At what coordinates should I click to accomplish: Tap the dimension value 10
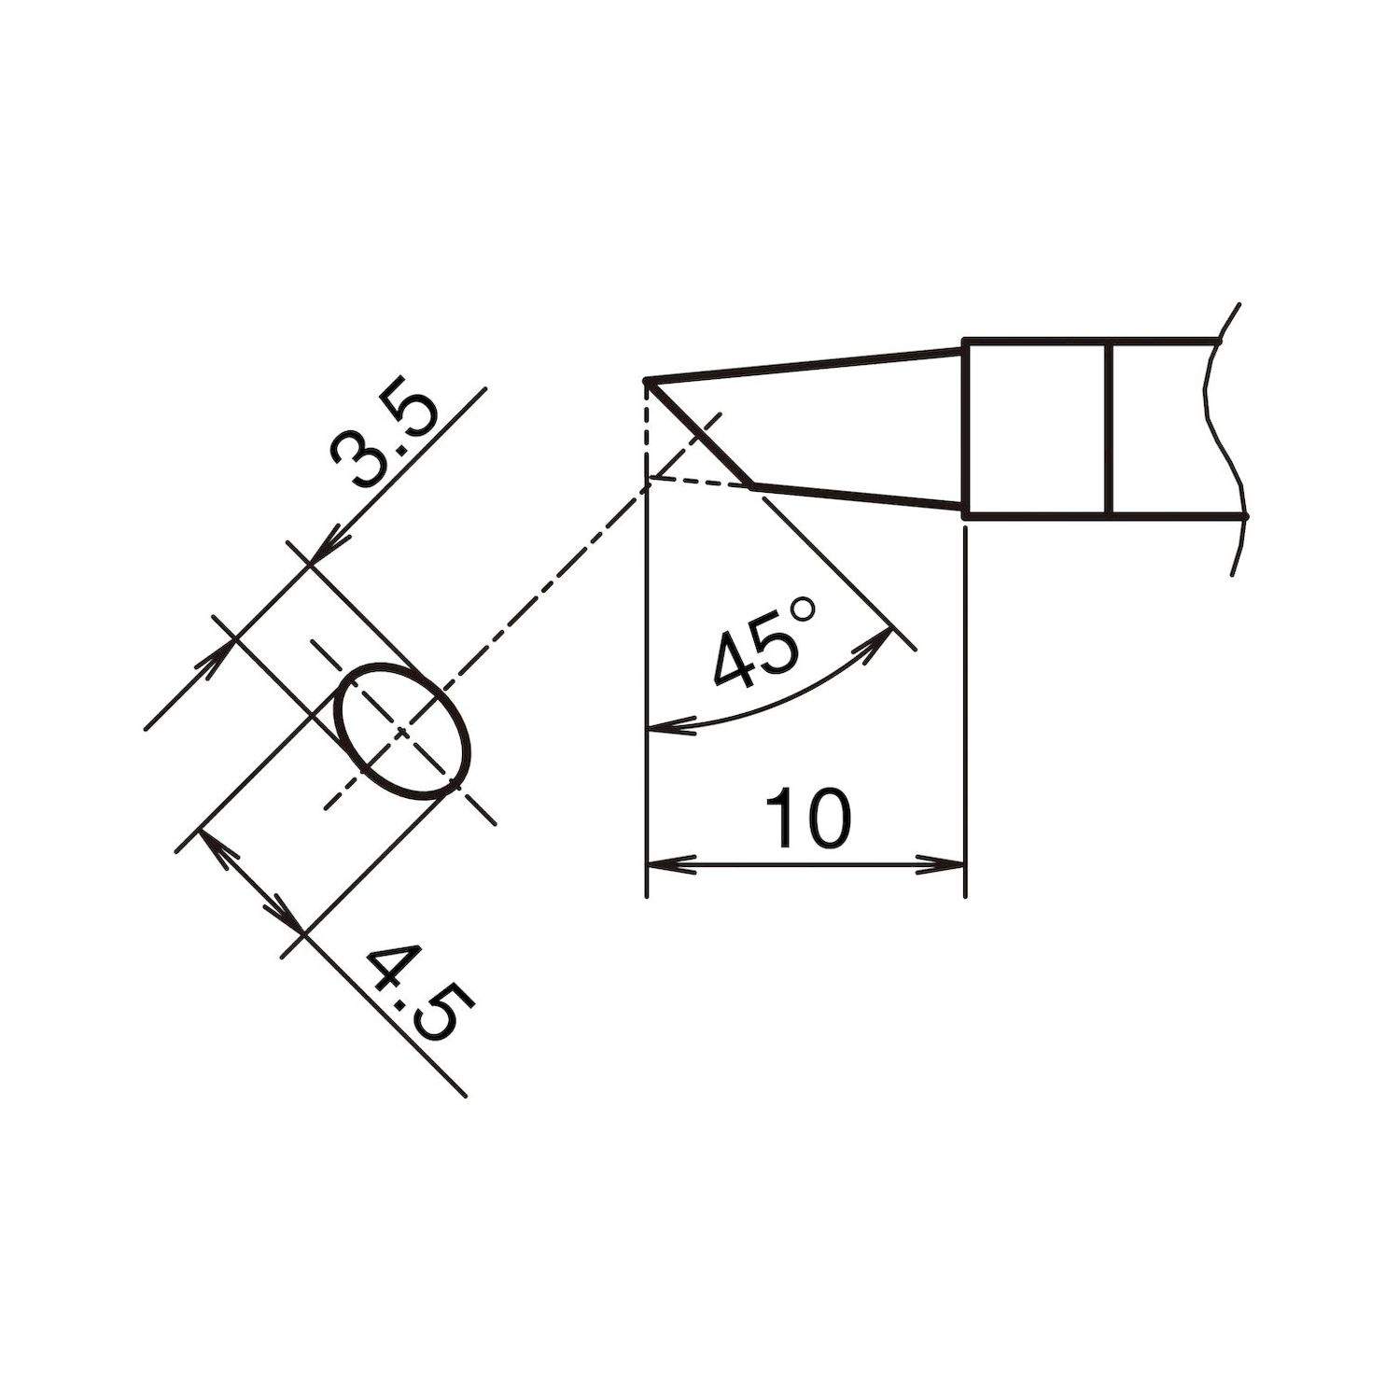coord(807,819)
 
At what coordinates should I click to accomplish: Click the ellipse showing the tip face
coord(403,731)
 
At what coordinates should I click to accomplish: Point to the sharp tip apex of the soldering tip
coord(647,381)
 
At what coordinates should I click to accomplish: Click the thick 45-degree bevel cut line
coord(700,434)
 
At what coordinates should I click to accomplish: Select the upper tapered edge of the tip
coord(803,365)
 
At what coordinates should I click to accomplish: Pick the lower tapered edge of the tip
coord(859,497)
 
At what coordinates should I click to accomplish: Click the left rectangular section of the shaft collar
coord(1036,427)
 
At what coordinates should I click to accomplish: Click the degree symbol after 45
coord(803,611)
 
